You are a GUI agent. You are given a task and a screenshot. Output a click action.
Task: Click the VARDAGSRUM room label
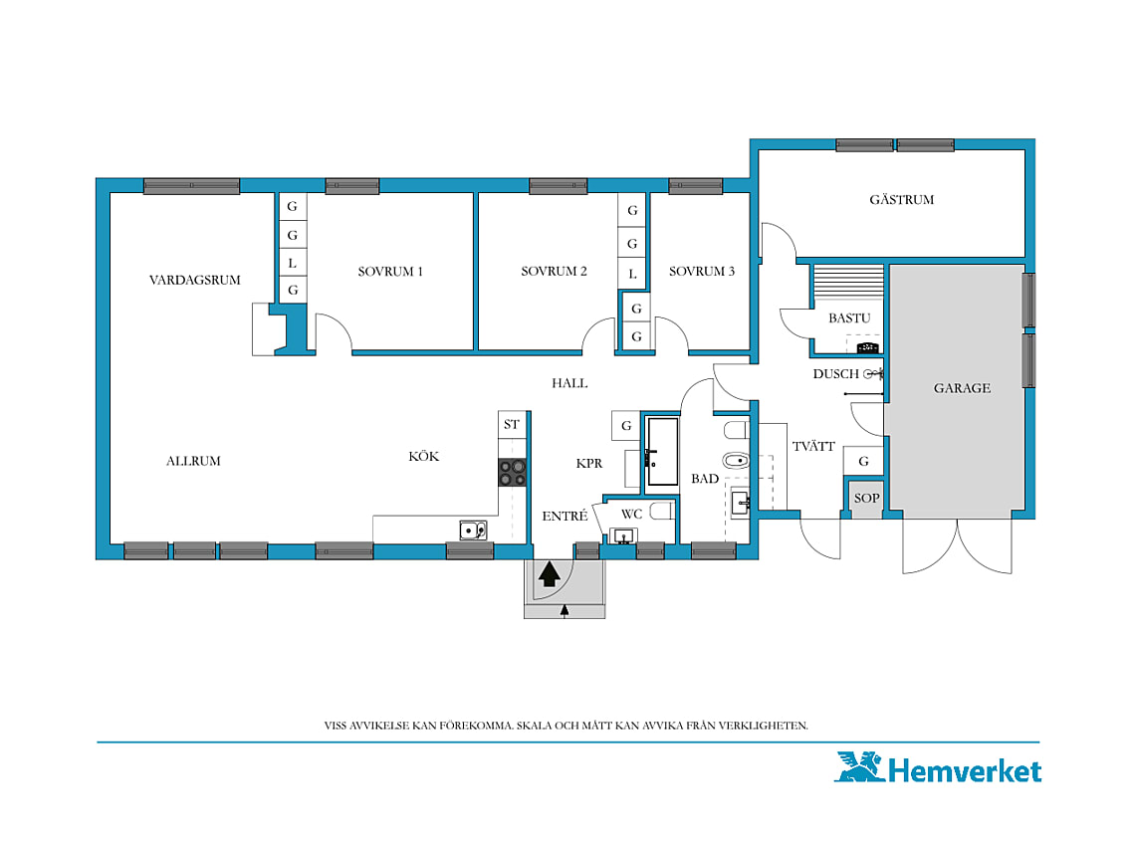(x=195, y=280)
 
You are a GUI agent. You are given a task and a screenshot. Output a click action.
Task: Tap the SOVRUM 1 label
(x=390, y=272)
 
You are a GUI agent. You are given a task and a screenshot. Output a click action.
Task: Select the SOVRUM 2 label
(x=554, y=272)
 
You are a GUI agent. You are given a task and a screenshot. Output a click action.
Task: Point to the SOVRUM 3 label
(x=702, y=272)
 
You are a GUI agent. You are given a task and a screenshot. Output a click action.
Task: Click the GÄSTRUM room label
(x=902, y=199)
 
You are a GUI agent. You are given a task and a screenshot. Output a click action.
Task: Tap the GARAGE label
(x=962, y=388)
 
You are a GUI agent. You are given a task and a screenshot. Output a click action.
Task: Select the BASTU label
(x=849, y=318)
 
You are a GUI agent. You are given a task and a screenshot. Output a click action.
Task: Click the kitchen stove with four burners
(x=513, y=473)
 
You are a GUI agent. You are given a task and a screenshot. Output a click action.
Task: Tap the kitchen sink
(x=473, y=530)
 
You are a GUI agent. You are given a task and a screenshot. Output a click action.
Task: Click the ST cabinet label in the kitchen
(x=512, y=425)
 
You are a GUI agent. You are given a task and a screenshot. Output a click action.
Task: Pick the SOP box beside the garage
(x=866, y=498)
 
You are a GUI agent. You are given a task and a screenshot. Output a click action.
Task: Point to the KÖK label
(x=424, y=456)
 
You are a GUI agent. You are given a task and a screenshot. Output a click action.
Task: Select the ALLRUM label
(x=193, y=461)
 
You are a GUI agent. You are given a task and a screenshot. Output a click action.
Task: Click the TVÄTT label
(x=813, y=446)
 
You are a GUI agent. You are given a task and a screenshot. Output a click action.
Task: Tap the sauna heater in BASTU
(x=868, y=348)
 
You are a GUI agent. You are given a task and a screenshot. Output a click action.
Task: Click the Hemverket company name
(x=965, y=771)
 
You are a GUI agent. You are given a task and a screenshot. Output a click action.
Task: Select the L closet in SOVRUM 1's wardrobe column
(x=293, y=263)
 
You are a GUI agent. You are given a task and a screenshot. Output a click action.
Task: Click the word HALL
(x=569, y=383)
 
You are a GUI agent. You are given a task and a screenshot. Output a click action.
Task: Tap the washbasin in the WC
(x=623, y=536)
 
